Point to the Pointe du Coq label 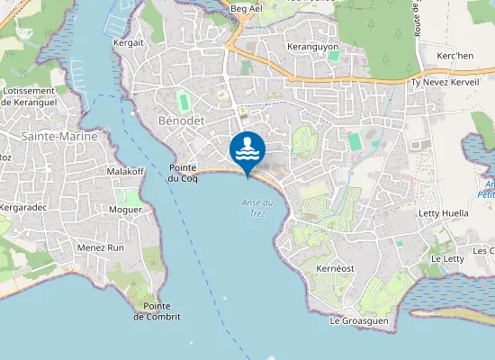tap(183, 173)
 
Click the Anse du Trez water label tap(256, 206)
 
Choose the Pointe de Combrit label tap(157, 311)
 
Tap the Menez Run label tap(101, 247)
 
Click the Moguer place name tap(126, 210)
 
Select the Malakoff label tap(125, 171)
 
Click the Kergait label tap(129, 42)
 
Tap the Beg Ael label tap(246, 8)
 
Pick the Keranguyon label tap(312, 46)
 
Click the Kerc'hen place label tap(454, 56)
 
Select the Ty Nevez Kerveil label tap(445, 82)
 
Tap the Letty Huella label tap(444, 213)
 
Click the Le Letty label tap(447, 258)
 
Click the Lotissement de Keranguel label tap(31, 96)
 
